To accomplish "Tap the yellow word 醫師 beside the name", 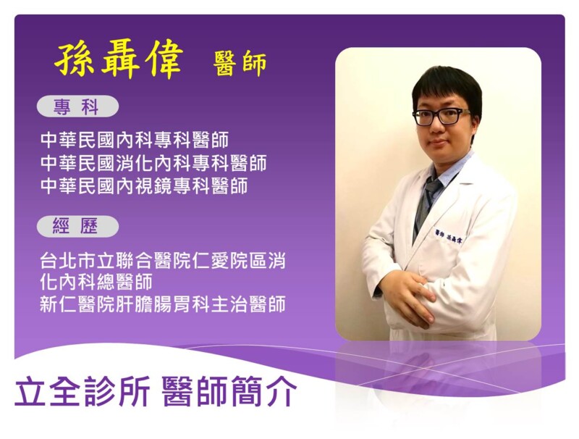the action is click(240, 64).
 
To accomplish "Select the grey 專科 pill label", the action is click(77, 106).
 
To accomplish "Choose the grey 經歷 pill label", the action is click(77, 226).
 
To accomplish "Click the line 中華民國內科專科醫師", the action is click(135, 140).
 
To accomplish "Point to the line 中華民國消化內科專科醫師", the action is click(153, 162).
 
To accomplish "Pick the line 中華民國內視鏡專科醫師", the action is click(143, 186).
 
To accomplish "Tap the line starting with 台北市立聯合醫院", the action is click(162, 260).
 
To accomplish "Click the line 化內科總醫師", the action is click(96, 282).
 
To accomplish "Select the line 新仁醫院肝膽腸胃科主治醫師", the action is click(162, 304).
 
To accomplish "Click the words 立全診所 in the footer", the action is click(82, 391).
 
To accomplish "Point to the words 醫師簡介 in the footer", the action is click(229, 391).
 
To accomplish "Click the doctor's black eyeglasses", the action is click(441, 117).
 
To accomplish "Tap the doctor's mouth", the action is click(437, 143).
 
